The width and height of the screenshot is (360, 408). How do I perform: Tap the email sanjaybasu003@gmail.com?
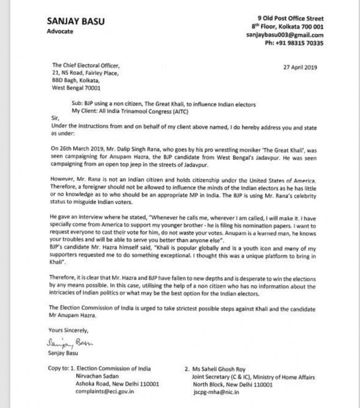285,35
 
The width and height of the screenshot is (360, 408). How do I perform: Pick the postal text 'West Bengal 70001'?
74,87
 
